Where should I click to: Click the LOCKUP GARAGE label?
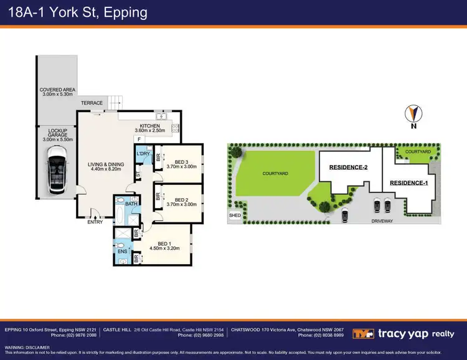[57, 133]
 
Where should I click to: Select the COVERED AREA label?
[57, 91]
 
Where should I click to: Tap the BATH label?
[131, 203]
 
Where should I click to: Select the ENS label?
[121, 252]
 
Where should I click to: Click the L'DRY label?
[143, 153]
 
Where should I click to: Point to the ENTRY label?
[95, 222]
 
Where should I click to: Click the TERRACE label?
[92, 103]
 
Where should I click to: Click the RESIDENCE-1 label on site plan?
[408, 182]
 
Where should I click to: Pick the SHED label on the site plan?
[235, 216]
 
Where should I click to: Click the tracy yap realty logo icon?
[363, 334]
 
